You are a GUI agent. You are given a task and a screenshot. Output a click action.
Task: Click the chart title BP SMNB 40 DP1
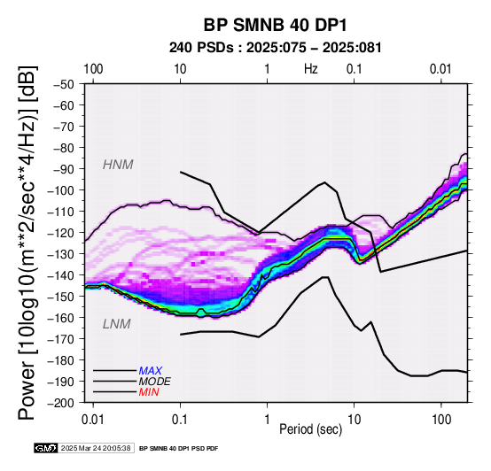click(276, 25)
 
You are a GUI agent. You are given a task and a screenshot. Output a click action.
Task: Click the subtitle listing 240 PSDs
click(276, 48)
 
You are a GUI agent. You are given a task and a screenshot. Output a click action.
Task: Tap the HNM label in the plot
click(118, 165)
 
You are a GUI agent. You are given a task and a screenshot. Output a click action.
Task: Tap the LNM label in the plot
click(116, 324)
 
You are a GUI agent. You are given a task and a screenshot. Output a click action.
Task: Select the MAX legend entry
click(151, 371)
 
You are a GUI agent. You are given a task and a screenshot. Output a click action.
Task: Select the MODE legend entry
click(155, 382)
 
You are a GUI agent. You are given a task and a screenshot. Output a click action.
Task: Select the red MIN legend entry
click(149, 392)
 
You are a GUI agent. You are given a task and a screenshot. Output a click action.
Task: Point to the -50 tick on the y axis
click(64, 84)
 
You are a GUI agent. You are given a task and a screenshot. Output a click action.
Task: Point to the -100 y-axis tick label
click(61, 190)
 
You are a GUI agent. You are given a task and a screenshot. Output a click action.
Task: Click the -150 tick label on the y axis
click(61, 297)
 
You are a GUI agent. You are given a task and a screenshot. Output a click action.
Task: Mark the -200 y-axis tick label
click(61, 403)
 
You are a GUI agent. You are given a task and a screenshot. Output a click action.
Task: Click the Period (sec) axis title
click(310, 429)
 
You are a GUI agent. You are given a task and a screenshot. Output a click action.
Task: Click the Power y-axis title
click(27, 243)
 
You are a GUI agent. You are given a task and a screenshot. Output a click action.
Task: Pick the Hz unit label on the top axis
click(310, 69)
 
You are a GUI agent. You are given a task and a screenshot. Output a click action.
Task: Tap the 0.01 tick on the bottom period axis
click(93, 420)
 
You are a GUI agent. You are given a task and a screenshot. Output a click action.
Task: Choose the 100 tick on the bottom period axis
click(441, 420)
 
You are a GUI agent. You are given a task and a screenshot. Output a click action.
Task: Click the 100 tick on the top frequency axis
click(93, 69)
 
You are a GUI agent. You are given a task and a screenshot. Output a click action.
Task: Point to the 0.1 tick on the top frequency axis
click(355, 69)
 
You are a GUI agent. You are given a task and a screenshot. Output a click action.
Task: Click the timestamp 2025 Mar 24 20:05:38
click(96, 448)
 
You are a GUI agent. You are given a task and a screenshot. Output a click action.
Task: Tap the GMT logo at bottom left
click(46, 448)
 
